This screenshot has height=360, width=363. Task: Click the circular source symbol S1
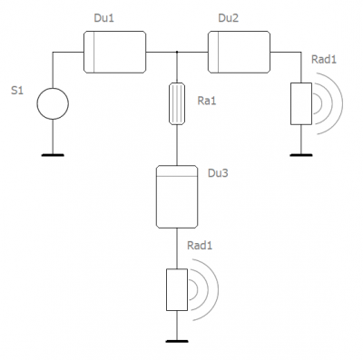(x=53, y=103)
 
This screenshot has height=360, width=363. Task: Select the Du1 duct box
(x=114, y=52)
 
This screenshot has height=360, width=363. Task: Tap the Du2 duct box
(x=239, y=52)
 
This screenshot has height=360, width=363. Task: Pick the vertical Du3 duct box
(x=177, y=197)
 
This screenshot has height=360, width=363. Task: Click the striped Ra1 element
(x=177, y=103)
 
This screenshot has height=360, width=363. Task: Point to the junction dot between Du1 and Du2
(x=177, y=52)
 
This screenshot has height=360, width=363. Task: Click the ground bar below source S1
(x=53, y=155)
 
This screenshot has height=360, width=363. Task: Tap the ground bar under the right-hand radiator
(x=301, y=155)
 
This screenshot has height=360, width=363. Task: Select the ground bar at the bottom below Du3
(x=177, y=341)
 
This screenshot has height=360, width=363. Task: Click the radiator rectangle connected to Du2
(x=301, y=103)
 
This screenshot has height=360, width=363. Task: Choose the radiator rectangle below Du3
(x=177, y=289)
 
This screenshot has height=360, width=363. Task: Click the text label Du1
(x=103, y=18)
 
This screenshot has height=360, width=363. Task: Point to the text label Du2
(x=228, y=18)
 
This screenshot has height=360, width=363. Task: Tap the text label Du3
(x=218, y=173)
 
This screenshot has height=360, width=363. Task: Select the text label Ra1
(x=207, y=101)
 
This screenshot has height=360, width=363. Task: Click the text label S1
(x=17, y=91)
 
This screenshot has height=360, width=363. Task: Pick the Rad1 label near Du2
(x=324, y=60)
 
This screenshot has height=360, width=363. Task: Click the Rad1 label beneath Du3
(x=200, y=246)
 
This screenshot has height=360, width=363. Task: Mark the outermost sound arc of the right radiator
(x=342, y=103)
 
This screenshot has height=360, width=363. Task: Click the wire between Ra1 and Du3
(x=177, y=145)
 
